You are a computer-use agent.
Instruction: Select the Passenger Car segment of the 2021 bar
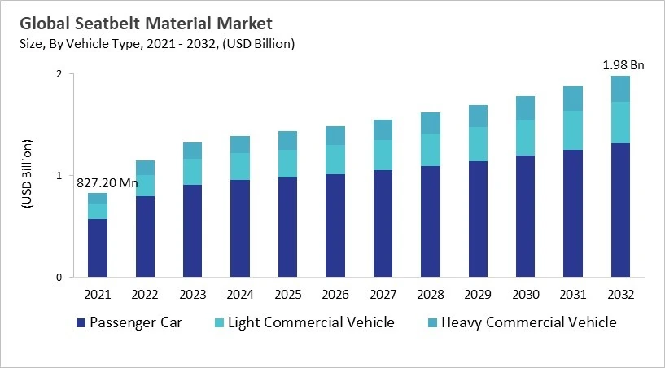click(x=98, y=248)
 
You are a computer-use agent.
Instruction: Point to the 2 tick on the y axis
click(x=59, y=74)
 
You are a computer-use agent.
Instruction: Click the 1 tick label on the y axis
click(x=59, y=176)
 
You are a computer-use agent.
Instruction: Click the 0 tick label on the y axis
click(x=59, y=278)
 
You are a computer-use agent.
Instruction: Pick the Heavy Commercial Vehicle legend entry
click(x=528, y=322)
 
